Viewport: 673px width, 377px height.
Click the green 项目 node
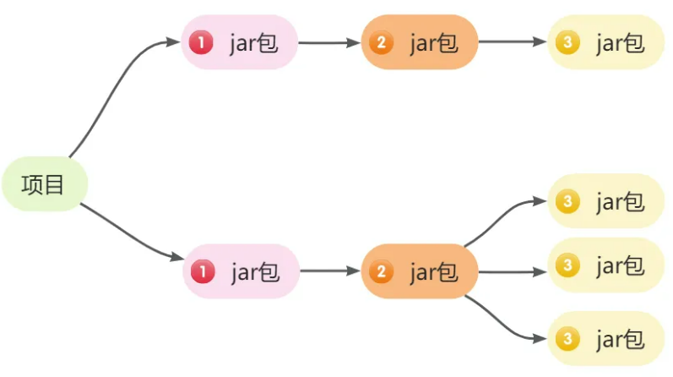click(43, 183)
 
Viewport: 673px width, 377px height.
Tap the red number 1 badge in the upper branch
click(201, 42)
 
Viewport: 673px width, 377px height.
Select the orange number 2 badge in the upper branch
click(381, 42)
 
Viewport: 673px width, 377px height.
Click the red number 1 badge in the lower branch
click(202, 271)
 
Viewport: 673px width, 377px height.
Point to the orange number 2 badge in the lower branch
click(382, 271)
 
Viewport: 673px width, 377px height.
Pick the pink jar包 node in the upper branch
click(240, 42)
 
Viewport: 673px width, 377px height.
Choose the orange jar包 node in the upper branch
click(420, 42)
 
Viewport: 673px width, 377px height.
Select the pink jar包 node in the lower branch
click(242, 271)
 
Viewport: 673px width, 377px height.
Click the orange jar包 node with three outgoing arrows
click(421, 271)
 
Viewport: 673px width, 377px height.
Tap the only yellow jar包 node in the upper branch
click(605, 42)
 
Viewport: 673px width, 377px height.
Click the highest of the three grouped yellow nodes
click(605, 201)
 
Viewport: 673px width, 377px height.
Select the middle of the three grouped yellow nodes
click(605, 265)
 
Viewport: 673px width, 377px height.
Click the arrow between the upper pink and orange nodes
click(329, 42)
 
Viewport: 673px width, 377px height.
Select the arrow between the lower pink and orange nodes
click(330, 271)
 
